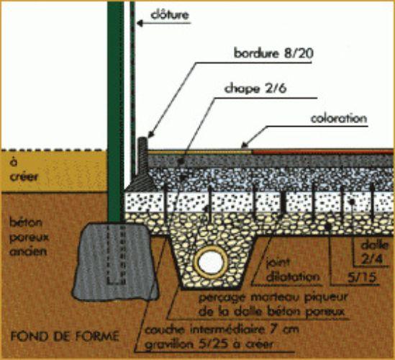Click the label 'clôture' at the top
pos(170,14)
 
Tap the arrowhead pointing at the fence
pos(140,24)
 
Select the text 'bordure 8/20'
pos(274,53)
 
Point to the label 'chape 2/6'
pos(255,89)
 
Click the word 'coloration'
pos(339,119)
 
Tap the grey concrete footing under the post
pos(115,261)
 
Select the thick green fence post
pos(116,111)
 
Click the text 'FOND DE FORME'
pos(65,336)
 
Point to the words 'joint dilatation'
pos(292,270)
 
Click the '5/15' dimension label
pos(362,278)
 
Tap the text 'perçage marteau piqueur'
pos(273,297)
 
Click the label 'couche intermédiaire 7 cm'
pos(222,330)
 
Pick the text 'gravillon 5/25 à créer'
pos(209,344)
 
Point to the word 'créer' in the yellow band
pos(24,176)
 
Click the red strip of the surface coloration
pos(323,152)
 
